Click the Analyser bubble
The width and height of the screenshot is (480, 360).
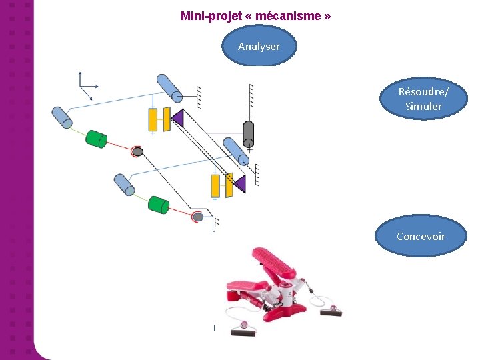pos(259,47)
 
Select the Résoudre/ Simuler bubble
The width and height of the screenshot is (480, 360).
pos(423,99)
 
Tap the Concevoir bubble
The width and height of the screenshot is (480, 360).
pos(421,236)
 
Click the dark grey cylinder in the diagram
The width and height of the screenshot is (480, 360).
pos(249,133)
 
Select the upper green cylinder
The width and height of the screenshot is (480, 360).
pos(97,139)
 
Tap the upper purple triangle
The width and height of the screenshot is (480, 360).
pos(177,119)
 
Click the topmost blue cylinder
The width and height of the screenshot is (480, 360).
pos(170,87)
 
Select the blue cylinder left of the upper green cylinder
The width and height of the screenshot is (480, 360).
pos(62,117)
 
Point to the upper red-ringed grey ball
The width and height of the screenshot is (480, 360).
pos(137,152)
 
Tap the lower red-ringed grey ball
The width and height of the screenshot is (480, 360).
pos(197,217)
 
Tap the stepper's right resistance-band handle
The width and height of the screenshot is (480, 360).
pos(333,309)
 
